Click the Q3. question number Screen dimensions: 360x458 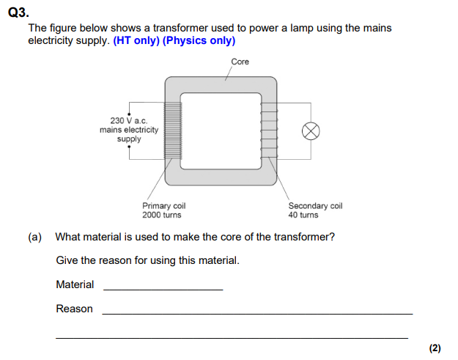pyautogui.click(x=18, y=12)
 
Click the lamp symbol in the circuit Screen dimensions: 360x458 pyautogui.click(x=311, y=131)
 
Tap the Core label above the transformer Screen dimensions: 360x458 pyautogui.click(x=240, y=62)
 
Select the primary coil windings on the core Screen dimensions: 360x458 pyautogui.click(x=172, y=130)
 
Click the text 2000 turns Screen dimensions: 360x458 pyautogui.click(x=162, y=215)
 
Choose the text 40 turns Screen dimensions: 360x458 pyautogui.click(x=303, y=215)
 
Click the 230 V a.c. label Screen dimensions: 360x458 pyautogui.click(x=129, y=120)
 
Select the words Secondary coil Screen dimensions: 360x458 pyautogui.click(x=315, y=206)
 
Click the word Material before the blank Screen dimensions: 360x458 pyautogui.click(x=75, y=284)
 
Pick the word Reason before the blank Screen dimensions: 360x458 pyautogui.click(x=74, y=309)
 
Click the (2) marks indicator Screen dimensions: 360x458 pyautogui.click(x=435, y=348)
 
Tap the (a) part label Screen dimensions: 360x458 pyautogui.click(x=35, y=237)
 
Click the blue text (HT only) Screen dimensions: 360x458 pyautogui.click(x=136, y=40)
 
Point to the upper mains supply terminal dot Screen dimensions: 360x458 pyautogui.click(x=130, y=114)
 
